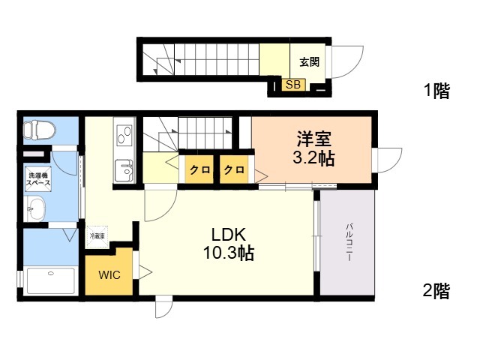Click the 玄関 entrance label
309,62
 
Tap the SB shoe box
292,85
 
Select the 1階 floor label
436,91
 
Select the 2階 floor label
436,291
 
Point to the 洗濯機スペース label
37,179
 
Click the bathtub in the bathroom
49,281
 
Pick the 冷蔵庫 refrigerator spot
98,235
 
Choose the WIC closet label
109,274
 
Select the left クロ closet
199,170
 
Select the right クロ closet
234,170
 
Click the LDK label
229,232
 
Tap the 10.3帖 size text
228,253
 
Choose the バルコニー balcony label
349,241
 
